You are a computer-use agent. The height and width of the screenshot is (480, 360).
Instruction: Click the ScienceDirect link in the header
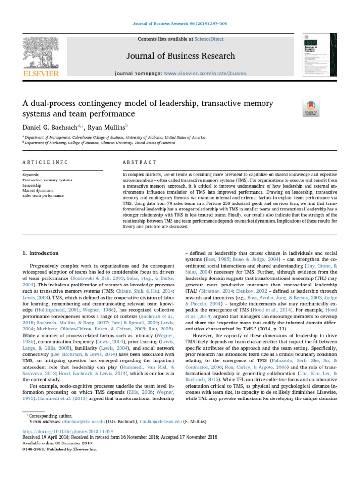click(210, 39)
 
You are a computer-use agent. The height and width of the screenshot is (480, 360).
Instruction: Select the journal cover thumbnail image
click(320, 55)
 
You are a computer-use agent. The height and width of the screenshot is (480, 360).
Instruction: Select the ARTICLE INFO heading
click(45, 162)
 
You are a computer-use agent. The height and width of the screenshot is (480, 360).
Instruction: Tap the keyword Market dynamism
click(38, 190)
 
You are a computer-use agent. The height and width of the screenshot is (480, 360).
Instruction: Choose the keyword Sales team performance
click(44, 195)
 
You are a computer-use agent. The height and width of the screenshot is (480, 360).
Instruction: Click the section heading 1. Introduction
click(41, 253)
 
